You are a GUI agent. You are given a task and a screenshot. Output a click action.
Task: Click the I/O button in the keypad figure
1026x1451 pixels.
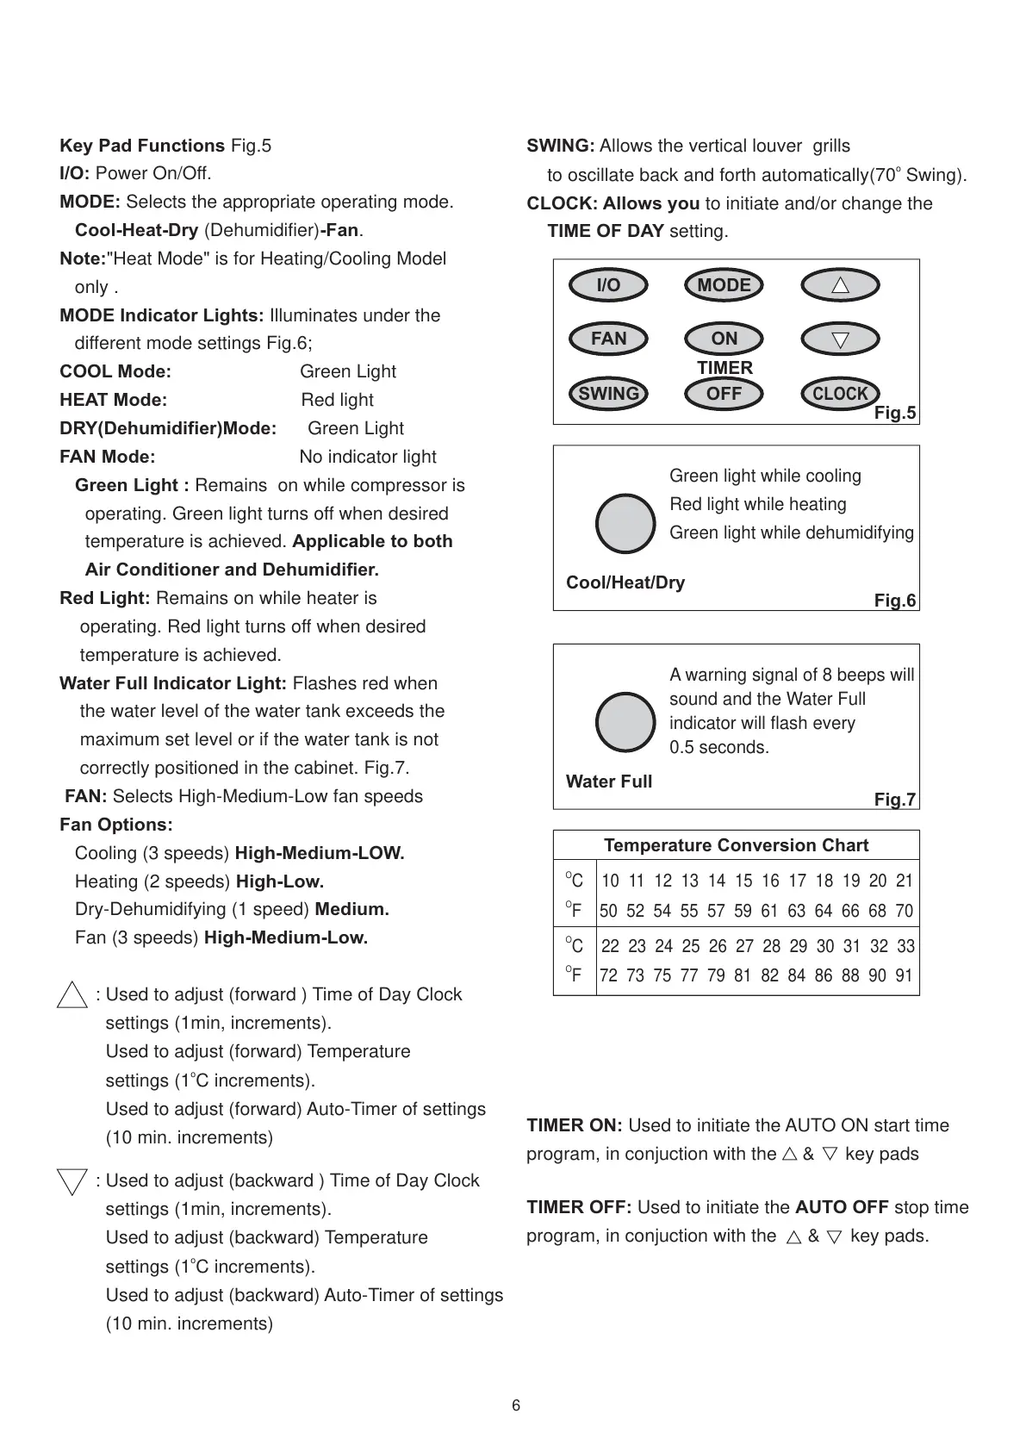coord(608,285)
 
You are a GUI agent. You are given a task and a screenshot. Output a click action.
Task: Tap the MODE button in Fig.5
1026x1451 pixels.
coord(724,285)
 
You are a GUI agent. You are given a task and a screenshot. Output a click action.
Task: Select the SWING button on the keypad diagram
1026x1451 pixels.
coord(608,394)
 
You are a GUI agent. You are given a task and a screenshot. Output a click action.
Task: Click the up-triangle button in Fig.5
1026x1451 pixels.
coord(840,285)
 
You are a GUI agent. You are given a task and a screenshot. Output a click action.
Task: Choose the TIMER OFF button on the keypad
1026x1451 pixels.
coord(724,394)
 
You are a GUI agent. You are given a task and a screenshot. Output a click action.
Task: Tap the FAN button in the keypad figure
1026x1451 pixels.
coord(608,339)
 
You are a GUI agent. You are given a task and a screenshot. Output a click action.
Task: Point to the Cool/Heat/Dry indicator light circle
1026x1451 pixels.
coord(626,524)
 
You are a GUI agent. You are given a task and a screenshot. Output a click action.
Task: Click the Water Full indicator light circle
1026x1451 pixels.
coord(626,722)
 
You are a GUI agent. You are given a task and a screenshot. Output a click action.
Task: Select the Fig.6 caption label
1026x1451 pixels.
coord(895,601)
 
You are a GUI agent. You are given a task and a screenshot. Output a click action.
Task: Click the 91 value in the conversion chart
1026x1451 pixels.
coord(904,976)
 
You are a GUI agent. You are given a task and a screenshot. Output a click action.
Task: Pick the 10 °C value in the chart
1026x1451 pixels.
coord(610,881)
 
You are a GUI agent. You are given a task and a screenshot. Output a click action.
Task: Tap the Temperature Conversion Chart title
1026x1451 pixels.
coord(736,845)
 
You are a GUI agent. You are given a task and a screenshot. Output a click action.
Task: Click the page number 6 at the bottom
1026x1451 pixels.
coord(516,1405)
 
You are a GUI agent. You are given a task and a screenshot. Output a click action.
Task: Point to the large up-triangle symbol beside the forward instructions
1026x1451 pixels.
coord(72,995)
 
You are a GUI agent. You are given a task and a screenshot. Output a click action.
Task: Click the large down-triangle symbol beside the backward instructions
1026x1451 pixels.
coord(72,1181)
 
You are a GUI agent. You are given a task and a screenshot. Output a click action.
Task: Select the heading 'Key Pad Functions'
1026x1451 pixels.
coord(142,146)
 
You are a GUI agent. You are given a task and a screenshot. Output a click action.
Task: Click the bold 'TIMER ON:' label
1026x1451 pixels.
coord(575,1125)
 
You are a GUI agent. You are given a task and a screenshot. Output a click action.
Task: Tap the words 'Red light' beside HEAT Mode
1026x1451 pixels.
coord(338,400)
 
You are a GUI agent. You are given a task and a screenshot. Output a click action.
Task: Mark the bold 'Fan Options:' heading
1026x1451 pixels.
coord(116,825)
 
